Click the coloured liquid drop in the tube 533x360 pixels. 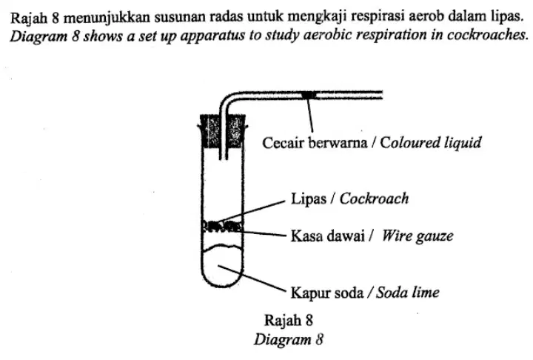pyautogui.click(x=309, y=95)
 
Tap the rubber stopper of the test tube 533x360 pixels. pyautogui.click(x=223, y=131)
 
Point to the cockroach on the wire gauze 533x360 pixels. pyautogui.click(x=223, y=225)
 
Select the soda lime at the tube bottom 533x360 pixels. pyautogui.click(x=222, y=264)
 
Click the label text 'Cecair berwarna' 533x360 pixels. pyautogui.click(x=315, y=143)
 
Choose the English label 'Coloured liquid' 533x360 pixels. pyautogui.click(x=431, y=143)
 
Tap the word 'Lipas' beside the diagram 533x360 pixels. pyautogui.click(x=308, y=199)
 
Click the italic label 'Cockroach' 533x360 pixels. pyautogui.click(x=375, y=199)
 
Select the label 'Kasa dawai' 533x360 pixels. pyautogui.click(x=328, y=236)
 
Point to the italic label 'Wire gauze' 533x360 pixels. pyautogui.click(x=418, y=236)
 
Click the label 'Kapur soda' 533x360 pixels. pyautogui.click(x=327, y=293)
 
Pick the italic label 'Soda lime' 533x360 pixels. pyautogui.click(x=408, y=293)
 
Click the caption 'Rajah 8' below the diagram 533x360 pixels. pyautogui.click(x=288, y=320)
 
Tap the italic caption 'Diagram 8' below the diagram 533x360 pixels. pyautogui.click(x=289, y=339)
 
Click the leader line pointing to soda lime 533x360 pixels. pyautogui.click(x=252, y=279)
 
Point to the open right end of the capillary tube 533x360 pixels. pyautogui.click(x=383, y=95)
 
